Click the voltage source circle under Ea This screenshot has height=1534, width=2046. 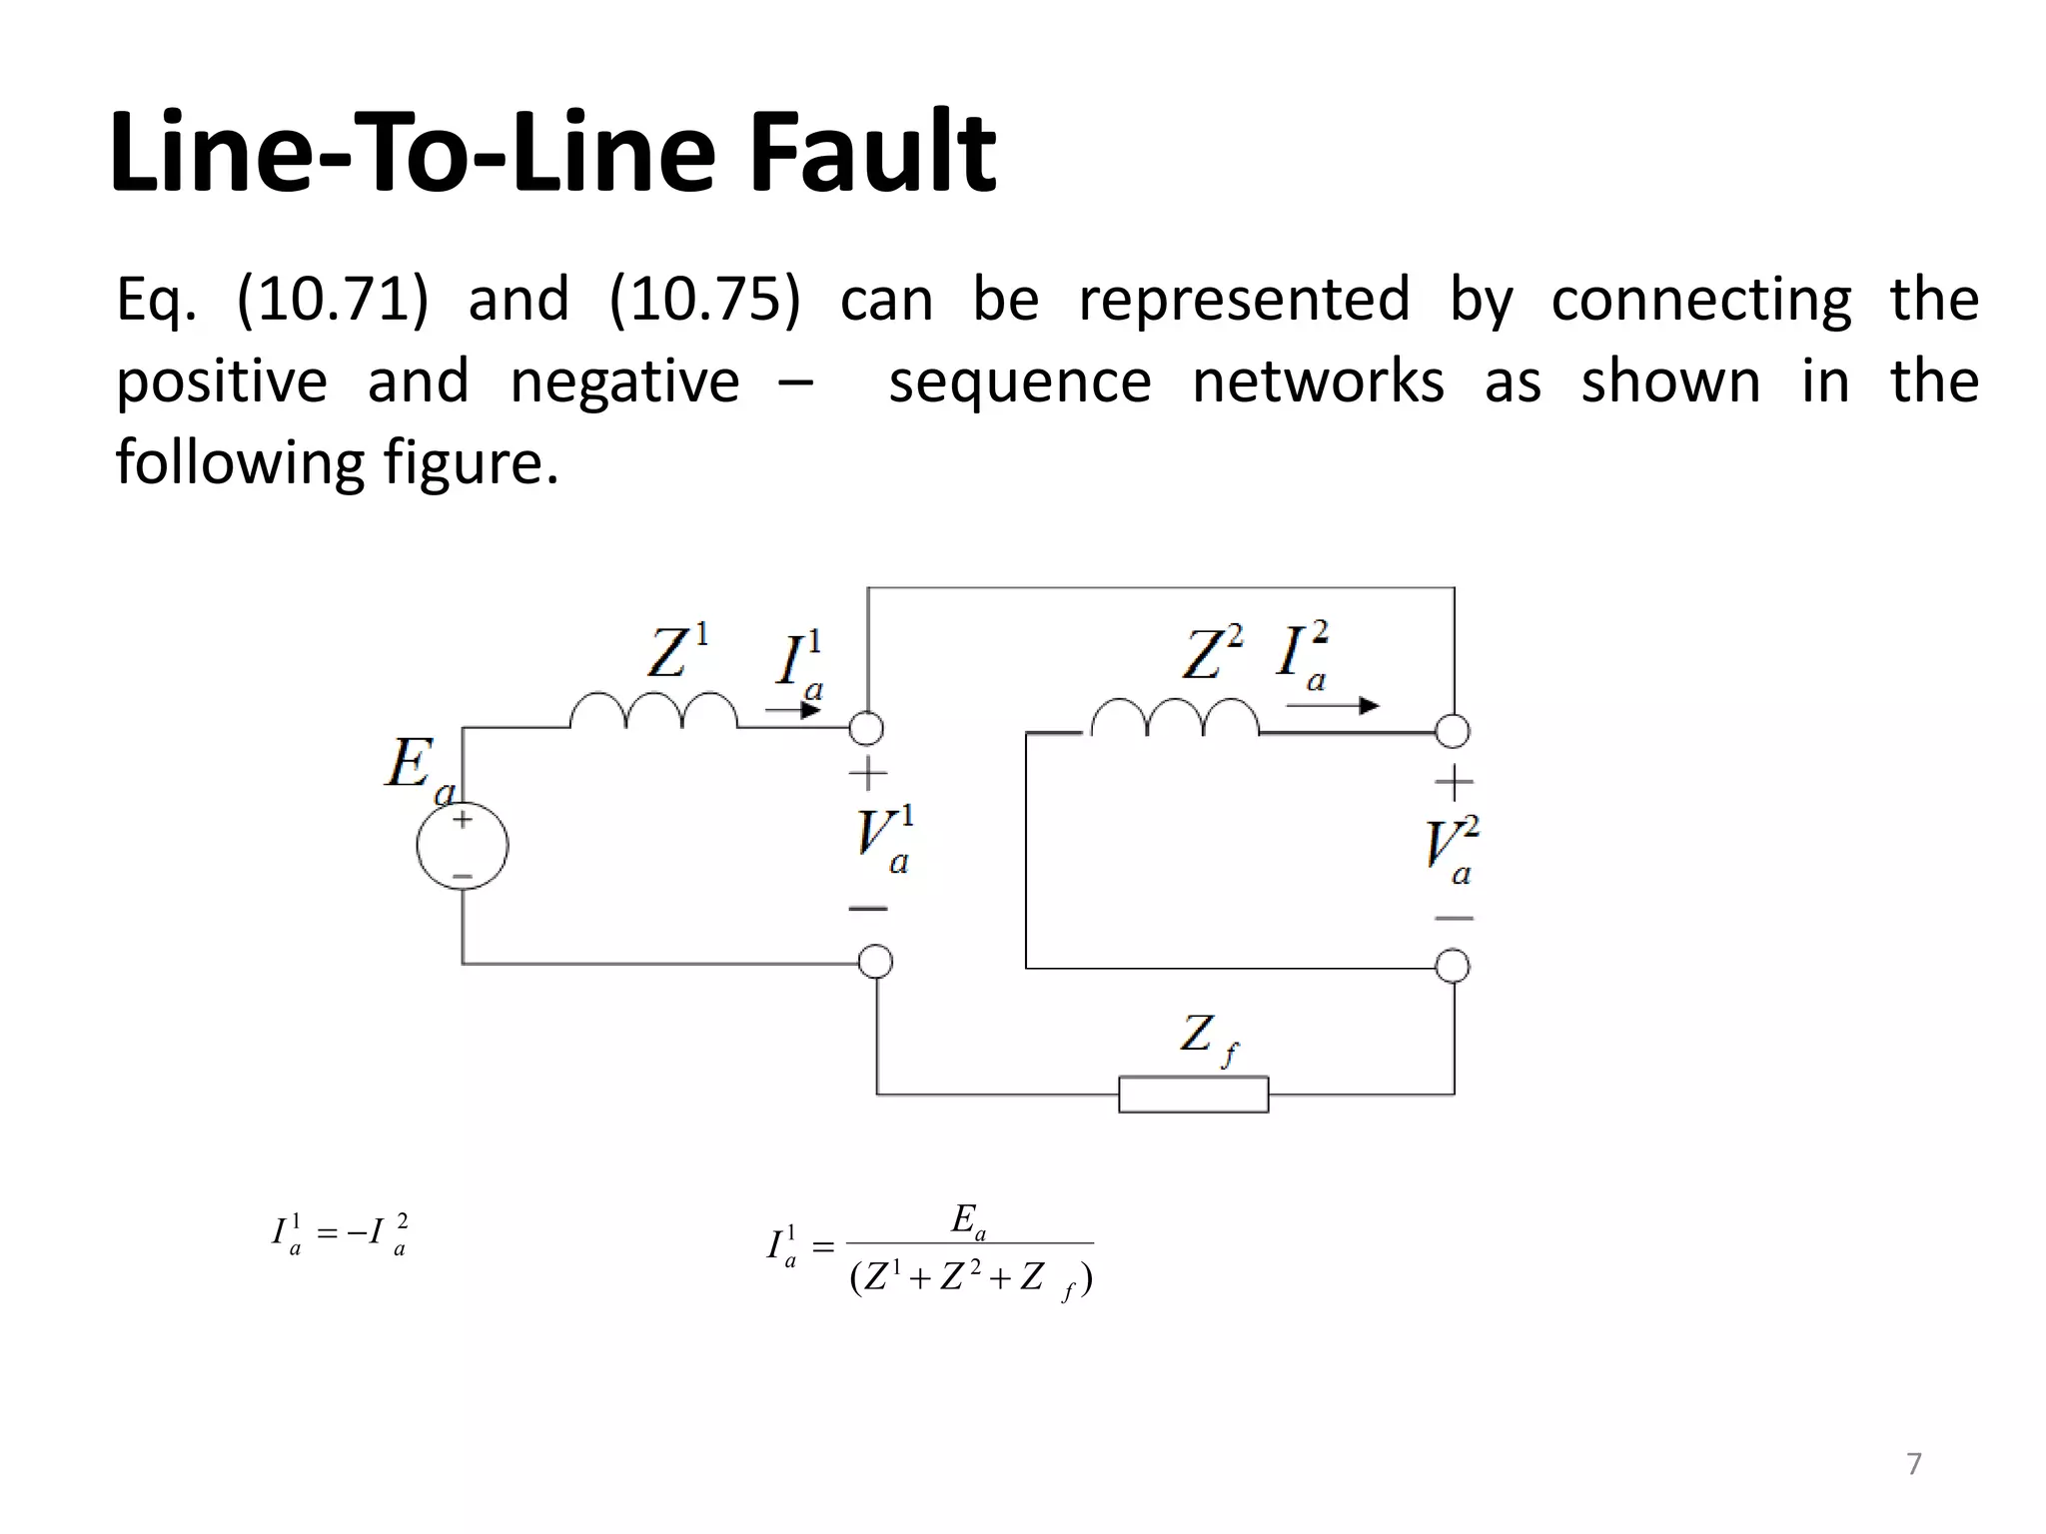pyautogui.click(x=462, y=845)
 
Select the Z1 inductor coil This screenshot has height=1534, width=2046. pyautogui.click(x=653, y=711)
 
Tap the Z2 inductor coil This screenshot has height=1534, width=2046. pyautogui.click(x=1175, y=717)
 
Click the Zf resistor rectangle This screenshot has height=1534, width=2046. pyautogui.click(x=1193, y=1095)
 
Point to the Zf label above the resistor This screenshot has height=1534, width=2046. pyautogui.click(x=1208, y=1039)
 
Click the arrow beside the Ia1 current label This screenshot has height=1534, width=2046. pyautogui.click(x=793, y=710)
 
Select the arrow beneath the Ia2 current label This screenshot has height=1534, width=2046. pyautogui.click(x=1332, y=706)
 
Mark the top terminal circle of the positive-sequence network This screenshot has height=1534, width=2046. pyautogui.click(x=866, y=728)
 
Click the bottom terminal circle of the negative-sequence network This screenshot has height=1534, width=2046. pyautogui.click(x=1452, y=966)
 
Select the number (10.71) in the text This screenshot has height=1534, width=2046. pyautogui.click(x=333, y=299)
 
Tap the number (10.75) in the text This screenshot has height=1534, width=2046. pyautogui.click(x=704, y=299)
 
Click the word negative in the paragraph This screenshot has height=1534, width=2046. pyautogui.click(x=624, y=382)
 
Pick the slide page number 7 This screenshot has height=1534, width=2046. pyautogui.click(x=1913, y=1463)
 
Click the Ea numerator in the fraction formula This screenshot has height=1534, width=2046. pyautogui.click(x=968, y=1220)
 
